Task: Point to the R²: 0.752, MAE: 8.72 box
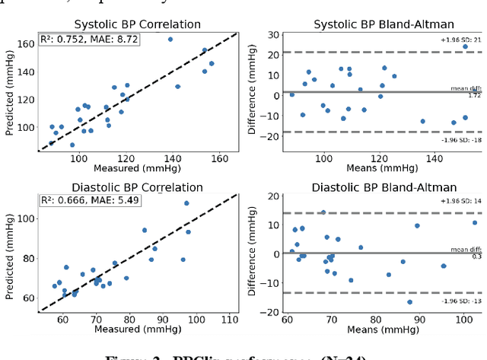(x=89, y=40)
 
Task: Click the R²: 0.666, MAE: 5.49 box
(x=89, y=200)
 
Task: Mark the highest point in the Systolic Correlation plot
(x=170, y=39)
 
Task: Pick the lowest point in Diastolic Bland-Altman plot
(x=409, y=302)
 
